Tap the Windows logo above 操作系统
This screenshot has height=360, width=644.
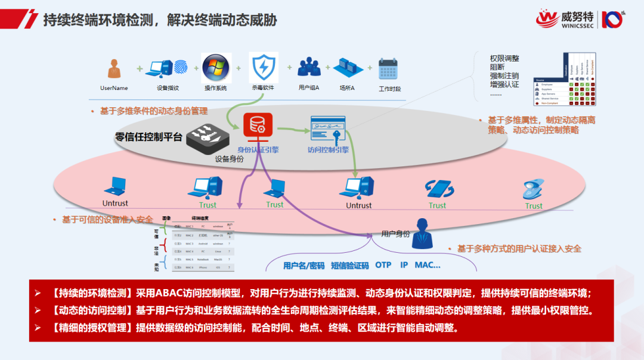(x=215, y=69)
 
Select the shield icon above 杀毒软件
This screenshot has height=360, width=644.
(x=263, y=69)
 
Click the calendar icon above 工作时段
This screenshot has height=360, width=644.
(x=388, y=69)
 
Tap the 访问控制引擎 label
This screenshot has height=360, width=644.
(x=328, y=150)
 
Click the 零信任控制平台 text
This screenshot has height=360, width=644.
(x=147, y=136)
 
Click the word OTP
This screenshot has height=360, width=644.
(x=383, y=265)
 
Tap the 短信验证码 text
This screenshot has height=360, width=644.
(x=349, y=265)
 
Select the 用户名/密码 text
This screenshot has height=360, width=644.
(x=304, y=265)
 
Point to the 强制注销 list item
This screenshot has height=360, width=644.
(x=504, y=76)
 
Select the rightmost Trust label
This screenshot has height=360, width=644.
(x=534, y=206)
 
